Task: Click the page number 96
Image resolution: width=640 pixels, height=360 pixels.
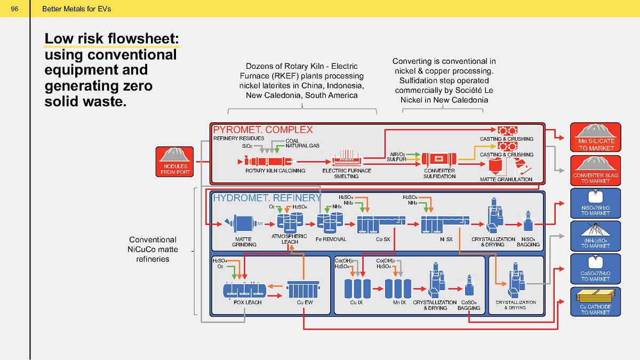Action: pos(14,9)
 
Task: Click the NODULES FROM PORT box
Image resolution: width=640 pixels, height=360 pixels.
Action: pos(174,162)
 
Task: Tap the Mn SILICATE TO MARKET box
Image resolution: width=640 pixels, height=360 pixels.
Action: pos(596,137)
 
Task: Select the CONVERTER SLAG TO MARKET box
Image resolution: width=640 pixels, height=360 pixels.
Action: pos(596,171)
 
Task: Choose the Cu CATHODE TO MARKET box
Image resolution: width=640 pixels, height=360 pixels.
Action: pos(596,302)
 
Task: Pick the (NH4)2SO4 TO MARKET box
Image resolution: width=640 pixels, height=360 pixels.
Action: pos(596,236)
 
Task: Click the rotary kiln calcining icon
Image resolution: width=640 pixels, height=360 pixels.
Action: pos(266,162)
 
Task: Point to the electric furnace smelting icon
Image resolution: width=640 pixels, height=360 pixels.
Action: pos(347,158)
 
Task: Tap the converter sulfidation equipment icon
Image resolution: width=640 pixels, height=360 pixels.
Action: pos(439,159)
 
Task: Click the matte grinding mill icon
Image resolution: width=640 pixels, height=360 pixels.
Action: pos(243,223)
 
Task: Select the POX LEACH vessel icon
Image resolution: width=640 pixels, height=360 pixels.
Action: pos(245,290)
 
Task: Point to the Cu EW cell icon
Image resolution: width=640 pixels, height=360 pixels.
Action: pos(303,290)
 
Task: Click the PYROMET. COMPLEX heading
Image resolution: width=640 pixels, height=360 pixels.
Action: pos(263,130)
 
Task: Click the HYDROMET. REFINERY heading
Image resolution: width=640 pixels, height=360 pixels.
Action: pos(267,198)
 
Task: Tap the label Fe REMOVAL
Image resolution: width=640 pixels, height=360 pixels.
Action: pos(331,239)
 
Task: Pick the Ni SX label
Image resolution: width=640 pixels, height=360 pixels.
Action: pos(446,239)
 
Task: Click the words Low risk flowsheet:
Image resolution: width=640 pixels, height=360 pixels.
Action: pos(111,38)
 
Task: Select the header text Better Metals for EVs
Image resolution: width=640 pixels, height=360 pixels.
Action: pos(77,9)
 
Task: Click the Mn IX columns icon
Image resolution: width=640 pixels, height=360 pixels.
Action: pos(398,289)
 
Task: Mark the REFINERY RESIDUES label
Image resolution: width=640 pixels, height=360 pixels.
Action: pos(239,138)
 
